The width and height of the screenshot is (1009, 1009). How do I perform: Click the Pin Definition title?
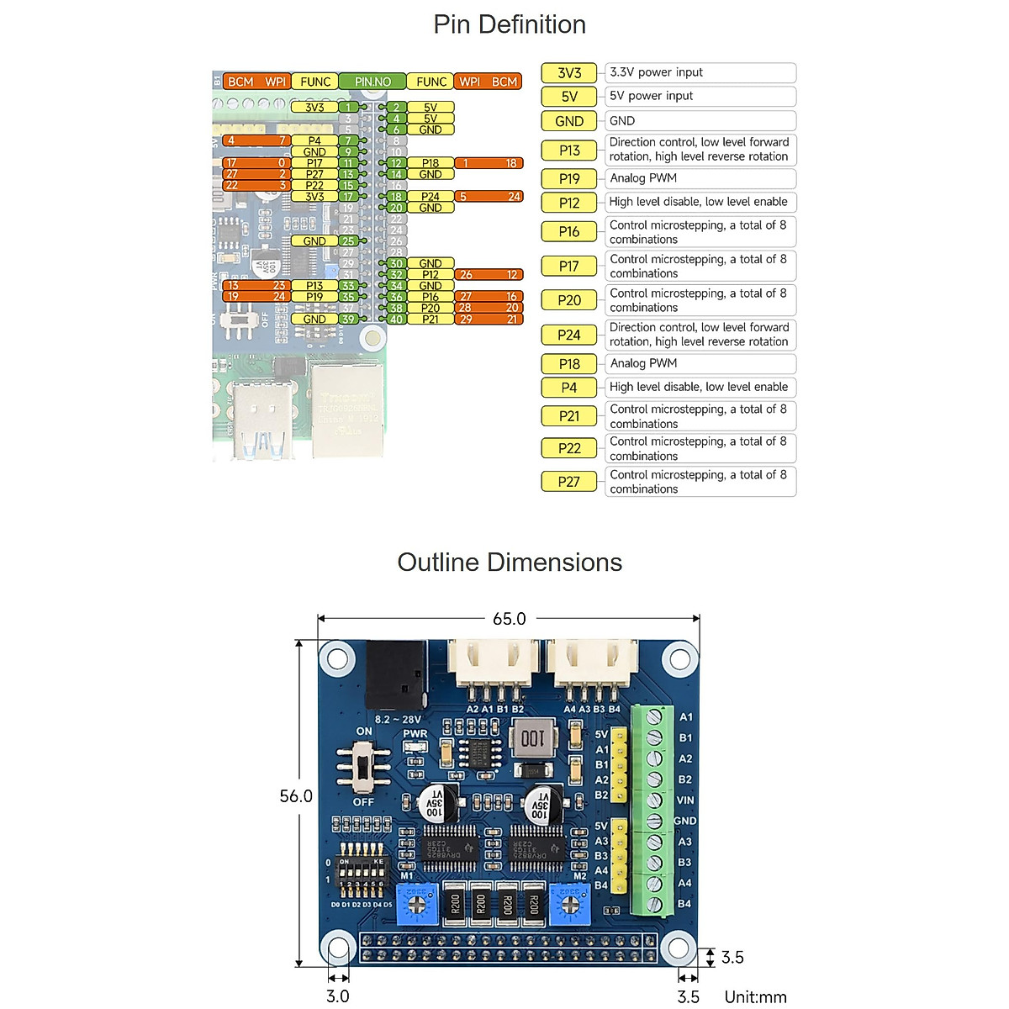click(x=510, y=24)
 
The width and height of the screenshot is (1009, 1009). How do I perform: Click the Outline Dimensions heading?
click(x=510, y=563)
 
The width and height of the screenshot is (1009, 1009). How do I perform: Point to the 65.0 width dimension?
click(x=509, y=619)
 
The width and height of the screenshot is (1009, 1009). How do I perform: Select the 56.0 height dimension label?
click(x=296, y=796)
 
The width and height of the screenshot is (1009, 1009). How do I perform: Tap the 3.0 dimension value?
click(x=337, y=996)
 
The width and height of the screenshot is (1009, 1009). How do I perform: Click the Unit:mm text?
click(x=755, y=997)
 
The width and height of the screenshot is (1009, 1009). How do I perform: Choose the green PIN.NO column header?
click(x=372, y=82)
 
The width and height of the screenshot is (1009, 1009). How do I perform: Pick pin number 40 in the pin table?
click(x=396, y=320)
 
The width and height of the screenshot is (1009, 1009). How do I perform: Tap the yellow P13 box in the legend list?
click(x=569, y=151)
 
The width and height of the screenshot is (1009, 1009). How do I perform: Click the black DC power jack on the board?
click(x=395, y=674)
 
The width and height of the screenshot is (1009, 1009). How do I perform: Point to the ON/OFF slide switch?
click(x=363, y=768)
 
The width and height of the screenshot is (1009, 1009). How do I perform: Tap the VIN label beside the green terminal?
click(x=685, y=800)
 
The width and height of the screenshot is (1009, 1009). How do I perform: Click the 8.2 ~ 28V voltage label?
click(x=398, y=720)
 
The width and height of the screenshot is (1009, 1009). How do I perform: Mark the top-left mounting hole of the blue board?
click(x=338, y=658)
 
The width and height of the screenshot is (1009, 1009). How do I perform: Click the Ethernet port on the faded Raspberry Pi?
click(x=347, y=409)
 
